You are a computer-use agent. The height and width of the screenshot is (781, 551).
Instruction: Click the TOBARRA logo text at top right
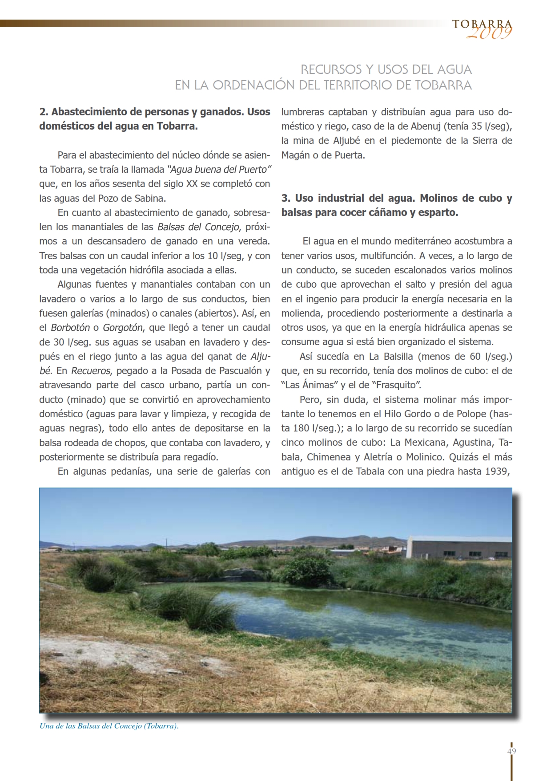[x=482, y=24]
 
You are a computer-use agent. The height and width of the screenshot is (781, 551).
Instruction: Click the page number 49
[x=511, y=751]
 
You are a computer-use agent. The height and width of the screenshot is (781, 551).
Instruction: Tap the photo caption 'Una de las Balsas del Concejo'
[x=109, y=726]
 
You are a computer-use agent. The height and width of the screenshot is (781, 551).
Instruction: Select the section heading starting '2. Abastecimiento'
[x=154, y=119]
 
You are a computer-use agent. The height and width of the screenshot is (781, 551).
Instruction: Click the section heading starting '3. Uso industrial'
[x=396, y=205]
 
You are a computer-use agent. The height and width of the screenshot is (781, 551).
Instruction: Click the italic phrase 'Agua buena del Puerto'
[x=219, y=169]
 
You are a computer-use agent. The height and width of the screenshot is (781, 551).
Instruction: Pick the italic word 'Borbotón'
[x=70, y=328]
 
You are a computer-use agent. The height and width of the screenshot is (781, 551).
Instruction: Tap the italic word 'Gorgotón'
[x=123, y=328]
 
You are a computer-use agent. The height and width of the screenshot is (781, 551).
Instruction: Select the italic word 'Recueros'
[x=90, y=371]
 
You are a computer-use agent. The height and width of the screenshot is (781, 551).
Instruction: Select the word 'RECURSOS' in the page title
[x=331, y=69]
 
